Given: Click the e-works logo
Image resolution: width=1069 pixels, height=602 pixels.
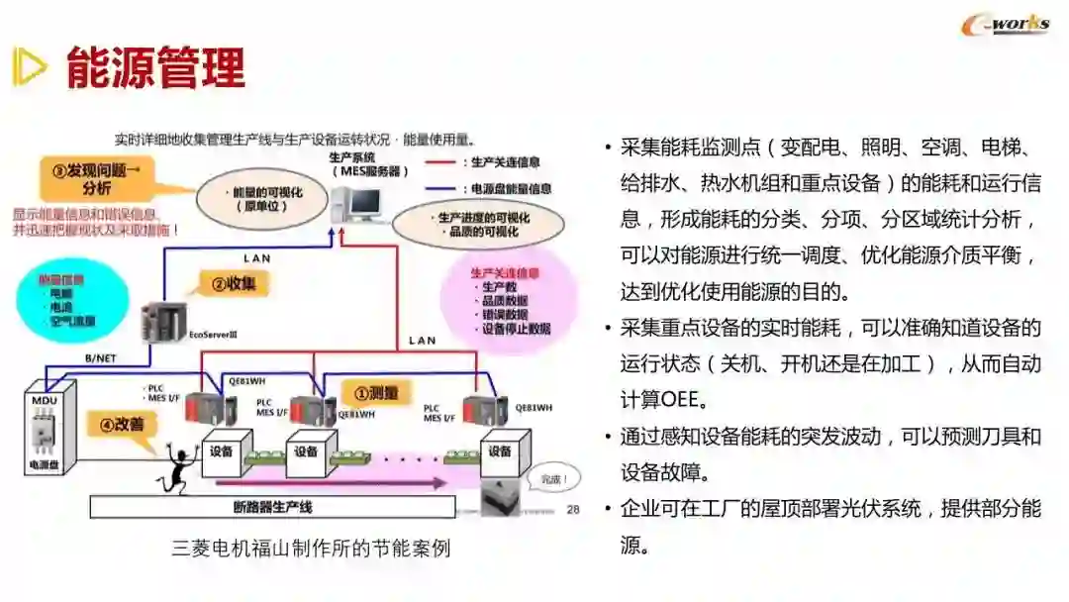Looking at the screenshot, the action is (x=1005, y=25).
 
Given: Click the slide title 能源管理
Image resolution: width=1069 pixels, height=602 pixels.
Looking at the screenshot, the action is (x=155, y=66).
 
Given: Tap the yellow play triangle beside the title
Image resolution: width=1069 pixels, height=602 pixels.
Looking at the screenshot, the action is (x=29, y=66).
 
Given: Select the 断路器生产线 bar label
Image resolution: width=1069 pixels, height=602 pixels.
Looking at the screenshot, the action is (x=272, y=508).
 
